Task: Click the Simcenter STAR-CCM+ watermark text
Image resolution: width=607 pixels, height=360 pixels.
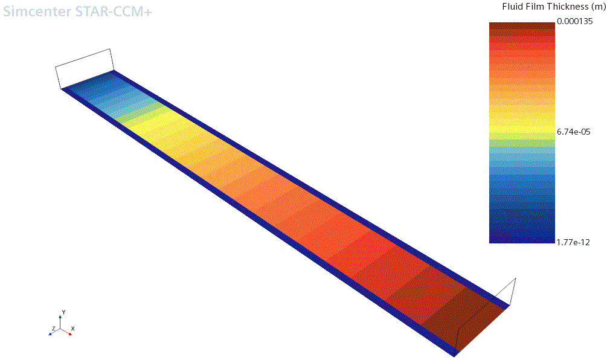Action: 77,11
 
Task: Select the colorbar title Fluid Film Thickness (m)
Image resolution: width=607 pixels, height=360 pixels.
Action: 554,7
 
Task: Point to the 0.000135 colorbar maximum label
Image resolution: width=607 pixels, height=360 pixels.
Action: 575,21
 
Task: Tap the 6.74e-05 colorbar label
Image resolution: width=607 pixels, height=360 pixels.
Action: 574,132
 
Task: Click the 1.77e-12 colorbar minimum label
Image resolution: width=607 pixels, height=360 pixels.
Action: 573,243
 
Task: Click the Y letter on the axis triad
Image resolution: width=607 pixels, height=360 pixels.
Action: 63,312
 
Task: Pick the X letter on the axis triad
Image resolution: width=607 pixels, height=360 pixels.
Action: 72,329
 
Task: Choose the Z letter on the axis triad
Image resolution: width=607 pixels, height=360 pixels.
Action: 53,329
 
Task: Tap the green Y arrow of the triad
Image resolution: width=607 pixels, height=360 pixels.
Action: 60,322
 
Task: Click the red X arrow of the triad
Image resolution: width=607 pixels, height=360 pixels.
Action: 66,332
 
